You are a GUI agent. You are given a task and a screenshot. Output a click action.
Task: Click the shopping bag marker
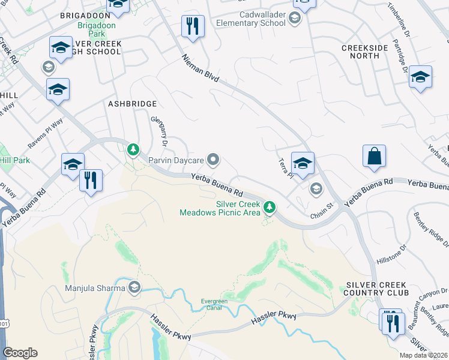374,156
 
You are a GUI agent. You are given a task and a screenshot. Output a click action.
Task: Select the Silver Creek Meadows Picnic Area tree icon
270,208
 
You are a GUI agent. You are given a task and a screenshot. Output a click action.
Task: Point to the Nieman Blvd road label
201,68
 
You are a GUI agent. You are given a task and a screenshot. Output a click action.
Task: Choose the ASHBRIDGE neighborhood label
132,104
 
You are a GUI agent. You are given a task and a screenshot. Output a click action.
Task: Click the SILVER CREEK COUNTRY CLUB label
376,289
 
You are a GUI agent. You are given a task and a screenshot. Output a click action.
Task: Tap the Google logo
20,353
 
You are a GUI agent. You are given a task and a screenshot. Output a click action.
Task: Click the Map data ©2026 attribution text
423,355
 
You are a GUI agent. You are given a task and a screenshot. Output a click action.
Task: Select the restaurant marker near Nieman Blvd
193,26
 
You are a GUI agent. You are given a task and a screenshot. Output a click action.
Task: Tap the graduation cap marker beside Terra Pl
303,163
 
